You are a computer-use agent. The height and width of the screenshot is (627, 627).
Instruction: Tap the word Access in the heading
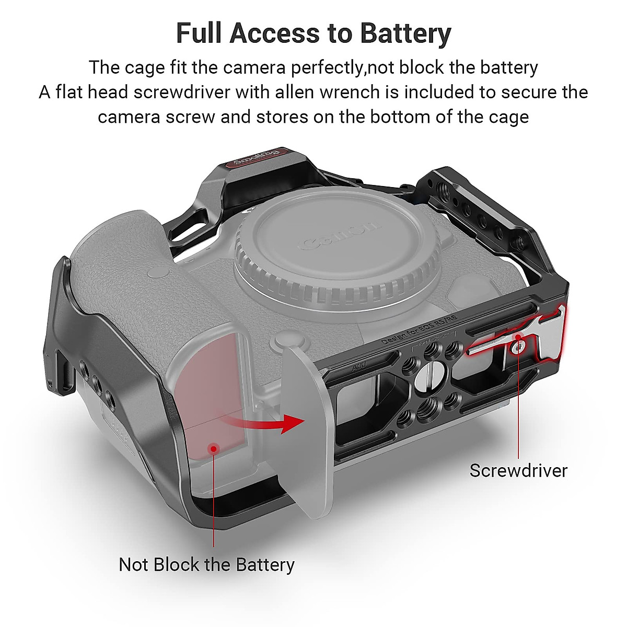275,33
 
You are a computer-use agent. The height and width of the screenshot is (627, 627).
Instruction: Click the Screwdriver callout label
518,470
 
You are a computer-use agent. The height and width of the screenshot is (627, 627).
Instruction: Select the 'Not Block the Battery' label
206,564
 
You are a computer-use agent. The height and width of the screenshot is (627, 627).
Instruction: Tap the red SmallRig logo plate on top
256,157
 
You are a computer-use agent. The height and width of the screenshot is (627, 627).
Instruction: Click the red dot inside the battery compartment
213,448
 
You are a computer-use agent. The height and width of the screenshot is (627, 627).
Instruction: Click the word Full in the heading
199,33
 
